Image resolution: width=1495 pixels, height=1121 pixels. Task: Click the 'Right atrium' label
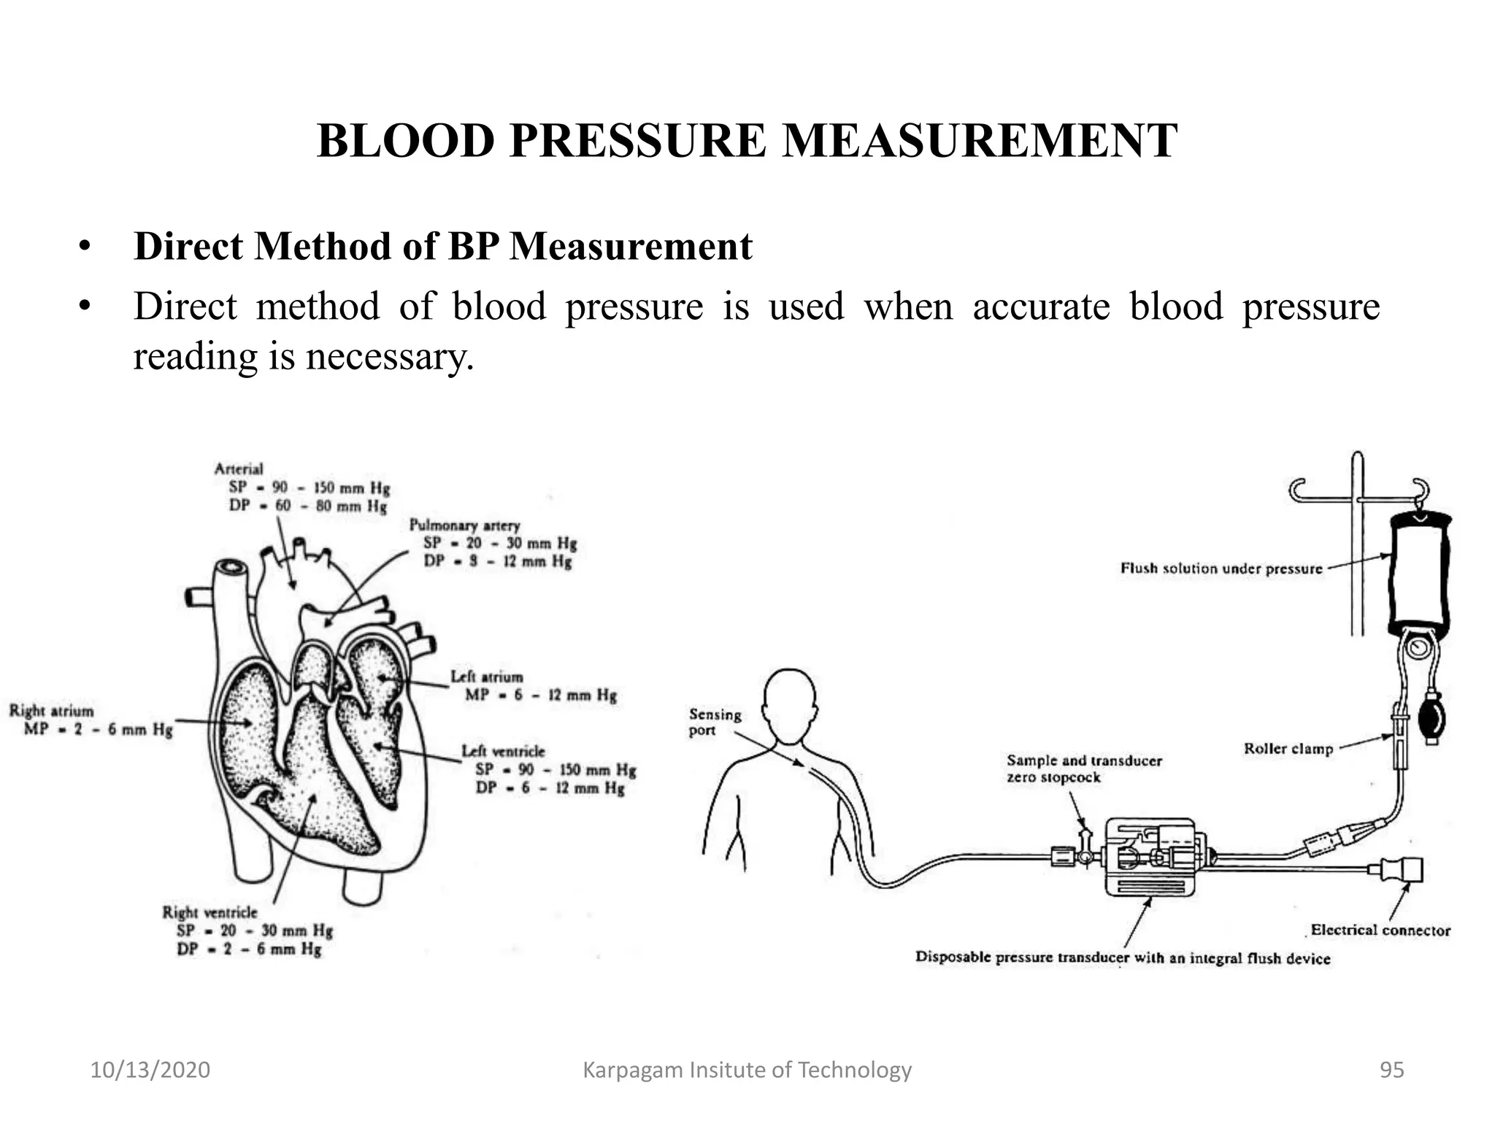pyautogui.click(x=52, y=710)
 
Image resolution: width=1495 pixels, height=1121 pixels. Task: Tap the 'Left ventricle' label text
pyautogui.click(x=503, y=751)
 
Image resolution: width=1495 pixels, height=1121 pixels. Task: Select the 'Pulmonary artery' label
pyautogui.click(x=464, y=525)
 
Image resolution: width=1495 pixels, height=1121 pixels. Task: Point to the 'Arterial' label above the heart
pyautogui.click(x=238, y=469)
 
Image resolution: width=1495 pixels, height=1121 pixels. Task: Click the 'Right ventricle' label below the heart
pyautogui.click(x=210, y=912)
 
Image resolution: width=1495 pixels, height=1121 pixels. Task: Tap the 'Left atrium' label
pyautogui.click(x=486, y=677)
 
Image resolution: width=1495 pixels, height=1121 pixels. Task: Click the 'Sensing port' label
pyautogui.click(x=714, y=723)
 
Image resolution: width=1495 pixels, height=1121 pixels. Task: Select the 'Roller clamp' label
pyautogui.click(x=1288, y=749)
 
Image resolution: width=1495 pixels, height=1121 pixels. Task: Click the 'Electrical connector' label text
pyautogui.click(x=1380, y=930)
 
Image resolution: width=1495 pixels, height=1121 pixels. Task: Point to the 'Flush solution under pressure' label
pyautogui.click(x=1221, y=569)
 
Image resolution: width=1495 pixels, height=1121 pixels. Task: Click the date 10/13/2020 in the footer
pyautogui.click(x=150, y=1070)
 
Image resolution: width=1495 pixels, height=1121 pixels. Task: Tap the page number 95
pyautogui.click(x=1391, y=1070)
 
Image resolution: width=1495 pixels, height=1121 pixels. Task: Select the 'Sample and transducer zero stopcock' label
pyautogui.click(x=1083, y=768)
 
